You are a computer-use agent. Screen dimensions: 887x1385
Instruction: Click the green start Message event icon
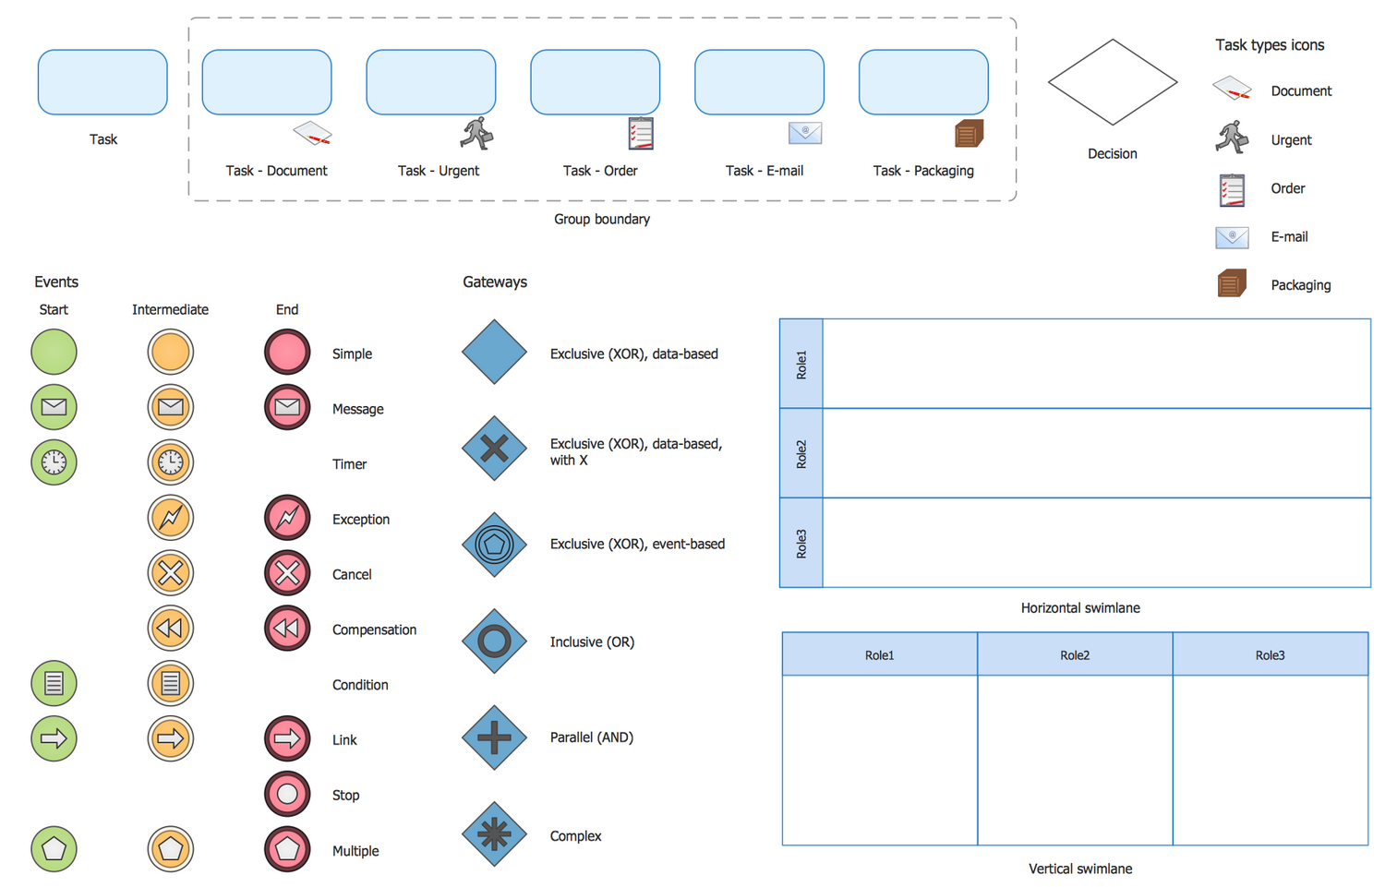[x=54, y=407]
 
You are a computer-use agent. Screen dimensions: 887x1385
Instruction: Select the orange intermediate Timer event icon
[x=170, y=462]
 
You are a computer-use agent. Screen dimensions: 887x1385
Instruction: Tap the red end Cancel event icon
[x=287, y=573]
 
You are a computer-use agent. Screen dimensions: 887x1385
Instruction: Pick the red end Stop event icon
[x=287, y=794]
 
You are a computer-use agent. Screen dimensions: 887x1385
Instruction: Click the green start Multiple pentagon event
[x=54, y=849]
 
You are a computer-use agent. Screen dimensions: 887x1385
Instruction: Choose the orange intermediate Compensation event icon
[x=170, y=629]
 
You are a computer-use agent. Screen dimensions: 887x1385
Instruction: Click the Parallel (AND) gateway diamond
[x=494, y=737]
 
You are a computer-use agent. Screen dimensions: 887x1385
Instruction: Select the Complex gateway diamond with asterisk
[x=494, y=834]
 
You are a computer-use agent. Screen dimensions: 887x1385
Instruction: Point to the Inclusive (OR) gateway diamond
[x=494, y=641]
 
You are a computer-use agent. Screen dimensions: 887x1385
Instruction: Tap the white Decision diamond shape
[x=1112, y=82]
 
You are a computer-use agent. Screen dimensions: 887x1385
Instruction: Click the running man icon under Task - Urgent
[x=476, y=134]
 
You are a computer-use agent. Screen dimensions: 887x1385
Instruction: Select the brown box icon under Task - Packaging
[x=969, y=134]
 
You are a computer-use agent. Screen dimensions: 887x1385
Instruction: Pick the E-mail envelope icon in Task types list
[x=1232, y=237]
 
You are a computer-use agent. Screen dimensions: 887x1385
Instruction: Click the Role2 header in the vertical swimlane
[x=1075, y=654]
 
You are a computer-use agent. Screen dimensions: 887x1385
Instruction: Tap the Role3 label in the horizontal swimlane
[x=801, y=543]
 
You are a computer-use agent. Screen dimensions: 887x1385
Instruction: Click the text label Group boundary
[x=602, y=219]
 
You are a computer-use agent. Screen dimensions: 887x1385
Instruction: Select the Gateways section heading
[x=495, y=282]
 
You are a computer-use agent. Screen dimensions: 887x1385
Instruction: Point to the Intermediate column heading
[x=170, y=309]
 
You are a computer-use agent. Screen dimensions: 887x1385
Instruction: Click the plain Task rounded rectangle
[x=102, y=82]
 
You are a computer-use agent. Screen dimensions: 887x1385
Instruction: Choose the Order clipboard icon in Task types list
[x=1232, y=189]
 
